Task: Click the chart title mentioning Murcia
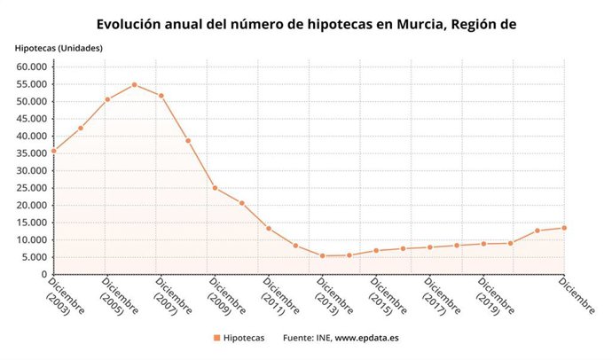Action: coord(305,24)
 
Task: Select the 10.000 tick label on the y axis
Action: coord(33,240)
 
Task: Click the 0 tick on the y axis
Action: coord(44,275)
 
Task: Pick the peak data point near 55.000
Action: coord(134,85)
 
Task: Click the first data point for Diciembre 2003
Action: coord(54,151)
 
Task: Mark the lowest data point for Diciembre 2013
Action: coord(322,256)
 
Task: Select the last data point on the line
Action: coord(564,228)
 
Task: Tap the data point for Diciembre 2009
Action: coord(215,188)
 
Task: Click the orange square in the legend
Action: coord(216,338)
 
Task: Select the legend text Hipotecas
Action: coord(242,338)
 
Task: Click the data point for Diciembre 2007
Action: coord(161,96)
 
